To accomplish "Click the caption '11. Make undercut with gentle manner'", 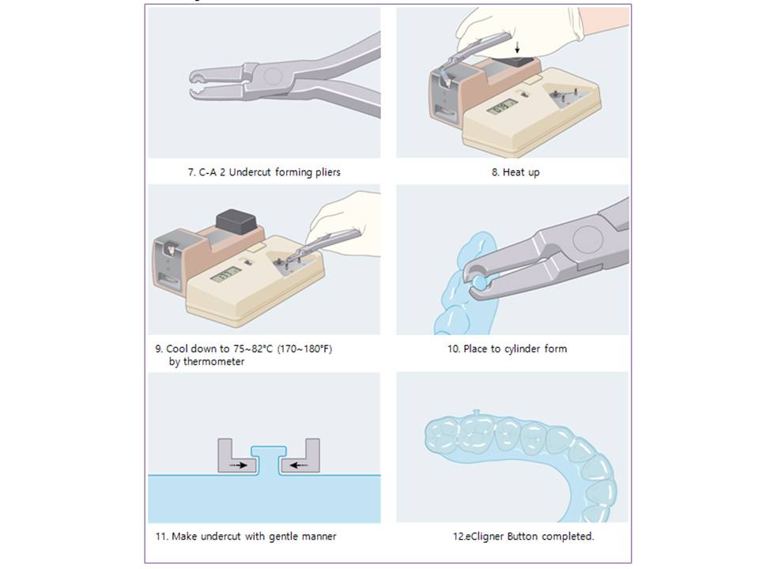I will (246, 536).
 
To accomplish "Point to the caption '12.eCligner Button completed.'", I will (523, 536).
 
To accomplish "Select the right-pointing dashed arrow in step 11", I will (237, 465).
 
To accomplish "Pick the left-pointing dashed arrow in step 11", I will (300, 465).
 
